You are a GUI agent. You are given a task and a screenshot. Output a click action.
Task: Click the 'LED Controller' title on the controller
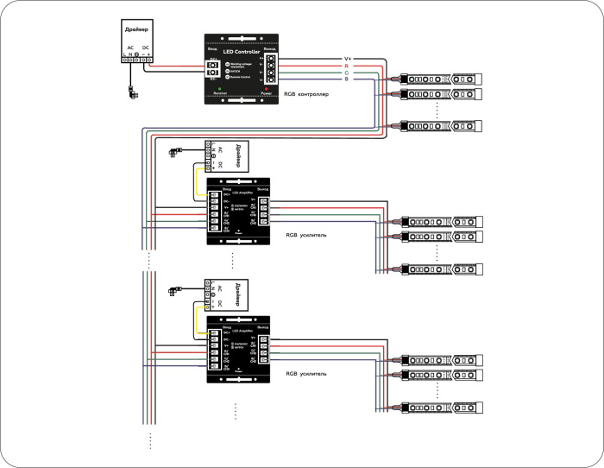[242, 51]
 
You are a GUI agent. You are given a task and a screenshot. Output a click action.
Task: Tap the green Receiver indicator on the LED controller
[220, 88]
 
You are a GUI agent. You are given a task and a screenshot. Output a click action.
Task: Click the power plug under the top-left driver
[130, 92]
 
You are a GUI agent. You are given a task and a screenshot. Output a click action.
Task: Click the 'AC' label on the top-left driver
[130, 46]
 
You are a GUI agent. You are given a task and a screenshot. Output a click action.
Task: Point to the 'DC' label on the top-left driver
[145, 46]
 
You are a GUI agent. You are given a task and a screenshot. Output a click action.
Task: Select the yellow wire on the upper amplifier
[196, 180]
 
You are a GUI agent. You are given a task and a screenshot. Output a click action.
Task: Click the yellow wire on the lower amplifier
[196, 320]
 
